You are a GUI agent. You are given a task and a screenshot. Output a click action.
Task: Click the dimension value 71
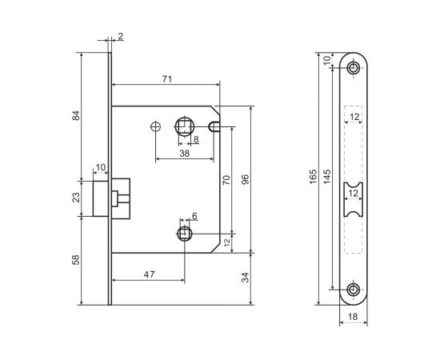click(167, 79)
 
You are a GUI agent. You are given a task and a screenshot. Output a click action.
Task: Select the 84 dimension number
click(76, 116)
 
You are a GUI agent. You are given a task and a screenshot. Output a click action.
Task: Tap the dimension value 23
click(76, 198)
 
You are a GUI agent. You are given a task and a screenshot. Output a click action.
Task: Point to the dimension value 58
click(76, 260)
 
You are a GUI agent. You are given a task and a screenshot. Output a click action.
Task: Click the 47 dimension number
click(149, 274)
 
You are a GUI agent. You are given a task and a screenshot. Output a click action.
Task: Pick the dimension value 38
click(184, 154)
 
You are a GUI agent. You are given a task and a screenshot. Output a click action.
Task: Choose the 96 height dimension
click(245, 179)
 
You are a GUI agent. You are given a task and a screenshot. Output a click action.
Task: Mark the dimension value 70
click(226, 180)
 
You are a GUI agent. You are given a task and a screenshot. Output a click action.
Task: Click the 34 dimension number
click(245, 278)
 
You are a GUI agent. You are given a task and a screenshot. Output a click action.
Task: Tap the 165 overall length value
click(313, 176)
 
